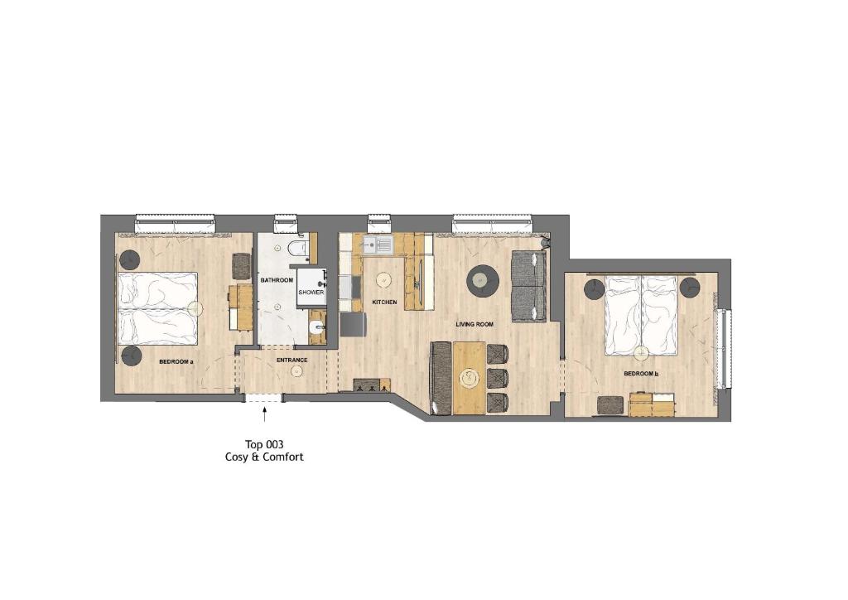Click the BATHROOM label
tap(277, 280)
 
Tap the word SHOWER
tap(311, 293)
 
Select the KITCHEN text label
tap(384, 302)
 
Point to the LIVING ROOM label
tap(475, 324)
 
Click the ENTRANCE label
tap(291, 360)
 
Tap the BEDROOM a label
tap(176, 361)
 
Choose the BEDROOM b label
tap(641, 374)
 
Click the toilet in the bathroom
tap(298, 248)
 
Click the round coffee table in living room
tap(483, 281)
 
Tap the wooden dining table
tap(469, 378)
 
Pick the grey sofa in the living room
tap(528, 286)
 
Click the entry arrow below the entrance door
tap(264, 415)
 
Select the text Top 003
tap(264, 444)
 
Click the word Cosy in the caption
tap(238, 457)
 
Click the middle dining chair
tap(497, 378)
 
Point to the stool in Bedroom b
tap(610, 405)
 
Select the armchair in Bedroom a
tap(242, 266)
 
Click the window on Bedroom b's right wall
tap(724, 348)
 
